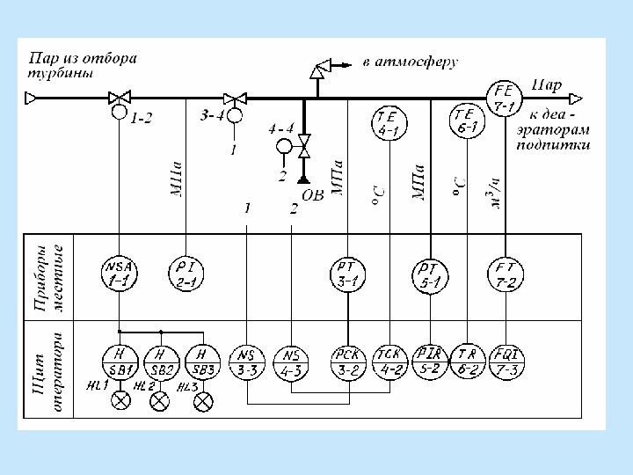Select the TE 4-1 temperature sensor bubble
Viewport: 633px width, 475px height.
tap(388, 122)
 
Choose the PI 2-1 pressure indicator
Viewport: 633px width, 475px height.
tap(185, 272)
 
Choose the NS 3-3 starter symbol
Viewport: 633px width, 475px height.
tap(248, 361)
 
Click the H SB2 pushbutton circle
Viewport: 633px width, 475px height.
tap(160, 358)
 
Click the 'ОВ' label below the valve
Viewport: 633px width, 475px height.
tap(312, 194)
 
